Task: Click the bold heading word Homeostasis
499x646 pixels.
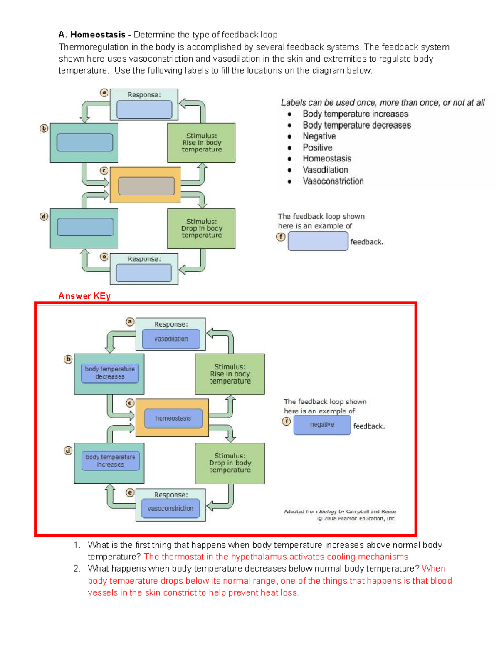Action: pos(98,35)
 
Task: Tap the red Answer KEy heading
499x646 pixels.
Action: pos(84,296)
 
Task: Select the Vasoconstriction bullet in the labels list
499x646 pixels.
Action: pos(333,181)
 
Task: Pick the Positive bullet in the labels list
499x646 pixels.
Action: pos(317,147)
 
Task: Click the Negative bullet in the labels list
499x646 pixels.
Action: pos(319,136)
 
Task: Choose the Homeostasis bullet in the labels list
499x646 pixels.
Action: pos(327,158)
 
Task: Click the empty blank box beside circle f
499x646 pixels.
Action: pos(318,241)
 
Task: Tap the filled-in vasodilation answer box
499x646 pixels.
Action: pos(171,339)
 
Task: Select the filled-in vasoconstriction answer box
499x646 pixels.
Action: pos(170,508)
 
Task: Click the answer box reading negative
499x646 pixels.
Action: pos(322,425)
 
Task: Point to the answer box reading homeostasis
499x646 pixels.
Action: pos(173,418)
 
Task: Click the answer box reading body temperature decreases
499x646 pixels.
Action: pos(110,373)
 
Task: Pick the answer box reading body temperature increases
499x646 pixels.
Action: pos(110,461)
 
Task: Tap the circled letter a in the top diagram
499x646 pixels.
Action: pos(104,93)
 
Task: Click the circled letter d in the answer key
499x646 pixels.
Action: pos(68,450)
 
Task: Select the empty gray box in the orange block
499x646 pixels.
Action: pos(146,186)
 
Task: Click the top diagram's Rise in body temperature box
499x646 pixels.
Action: pos(201,143)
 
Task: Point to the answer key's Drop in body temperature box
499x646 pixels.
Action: pos(230,463)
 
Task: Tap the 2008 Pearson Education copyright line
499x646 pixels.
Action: pos(356,519)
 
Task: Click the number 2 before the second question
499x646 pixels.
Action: pos(77,569)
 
